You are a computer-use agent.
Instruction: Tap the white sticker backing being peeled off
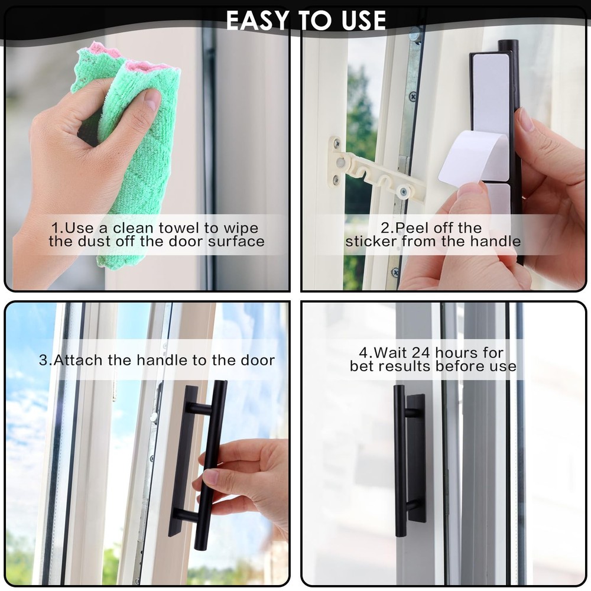[473, 157]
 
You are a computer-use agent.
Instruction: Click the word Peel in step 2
[412, 228]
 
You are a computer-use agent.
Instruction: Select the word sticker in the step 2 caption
[372, 242]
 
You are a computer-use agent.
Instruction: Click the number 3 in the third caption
[43, 360]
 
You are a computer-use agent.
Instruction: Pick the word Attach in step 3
[73, 360]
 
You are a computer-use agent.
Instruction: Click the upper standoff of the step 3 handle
[200, 408]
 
